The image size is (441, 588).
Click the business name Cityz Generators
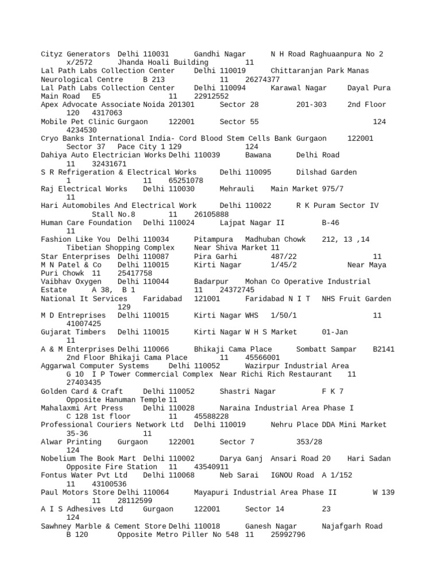[x=76, y=54]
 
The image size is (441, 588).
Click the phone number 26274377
[x=262, y=79]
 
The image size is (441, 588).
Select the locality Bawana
[x=260, y=155]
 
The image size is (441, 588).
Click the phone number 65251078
[x=186, y=180]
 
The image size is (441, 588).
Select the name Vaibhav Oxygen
[x=71, y=282]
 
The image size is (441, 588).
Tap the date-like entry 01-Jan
[x=334, y=332]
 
